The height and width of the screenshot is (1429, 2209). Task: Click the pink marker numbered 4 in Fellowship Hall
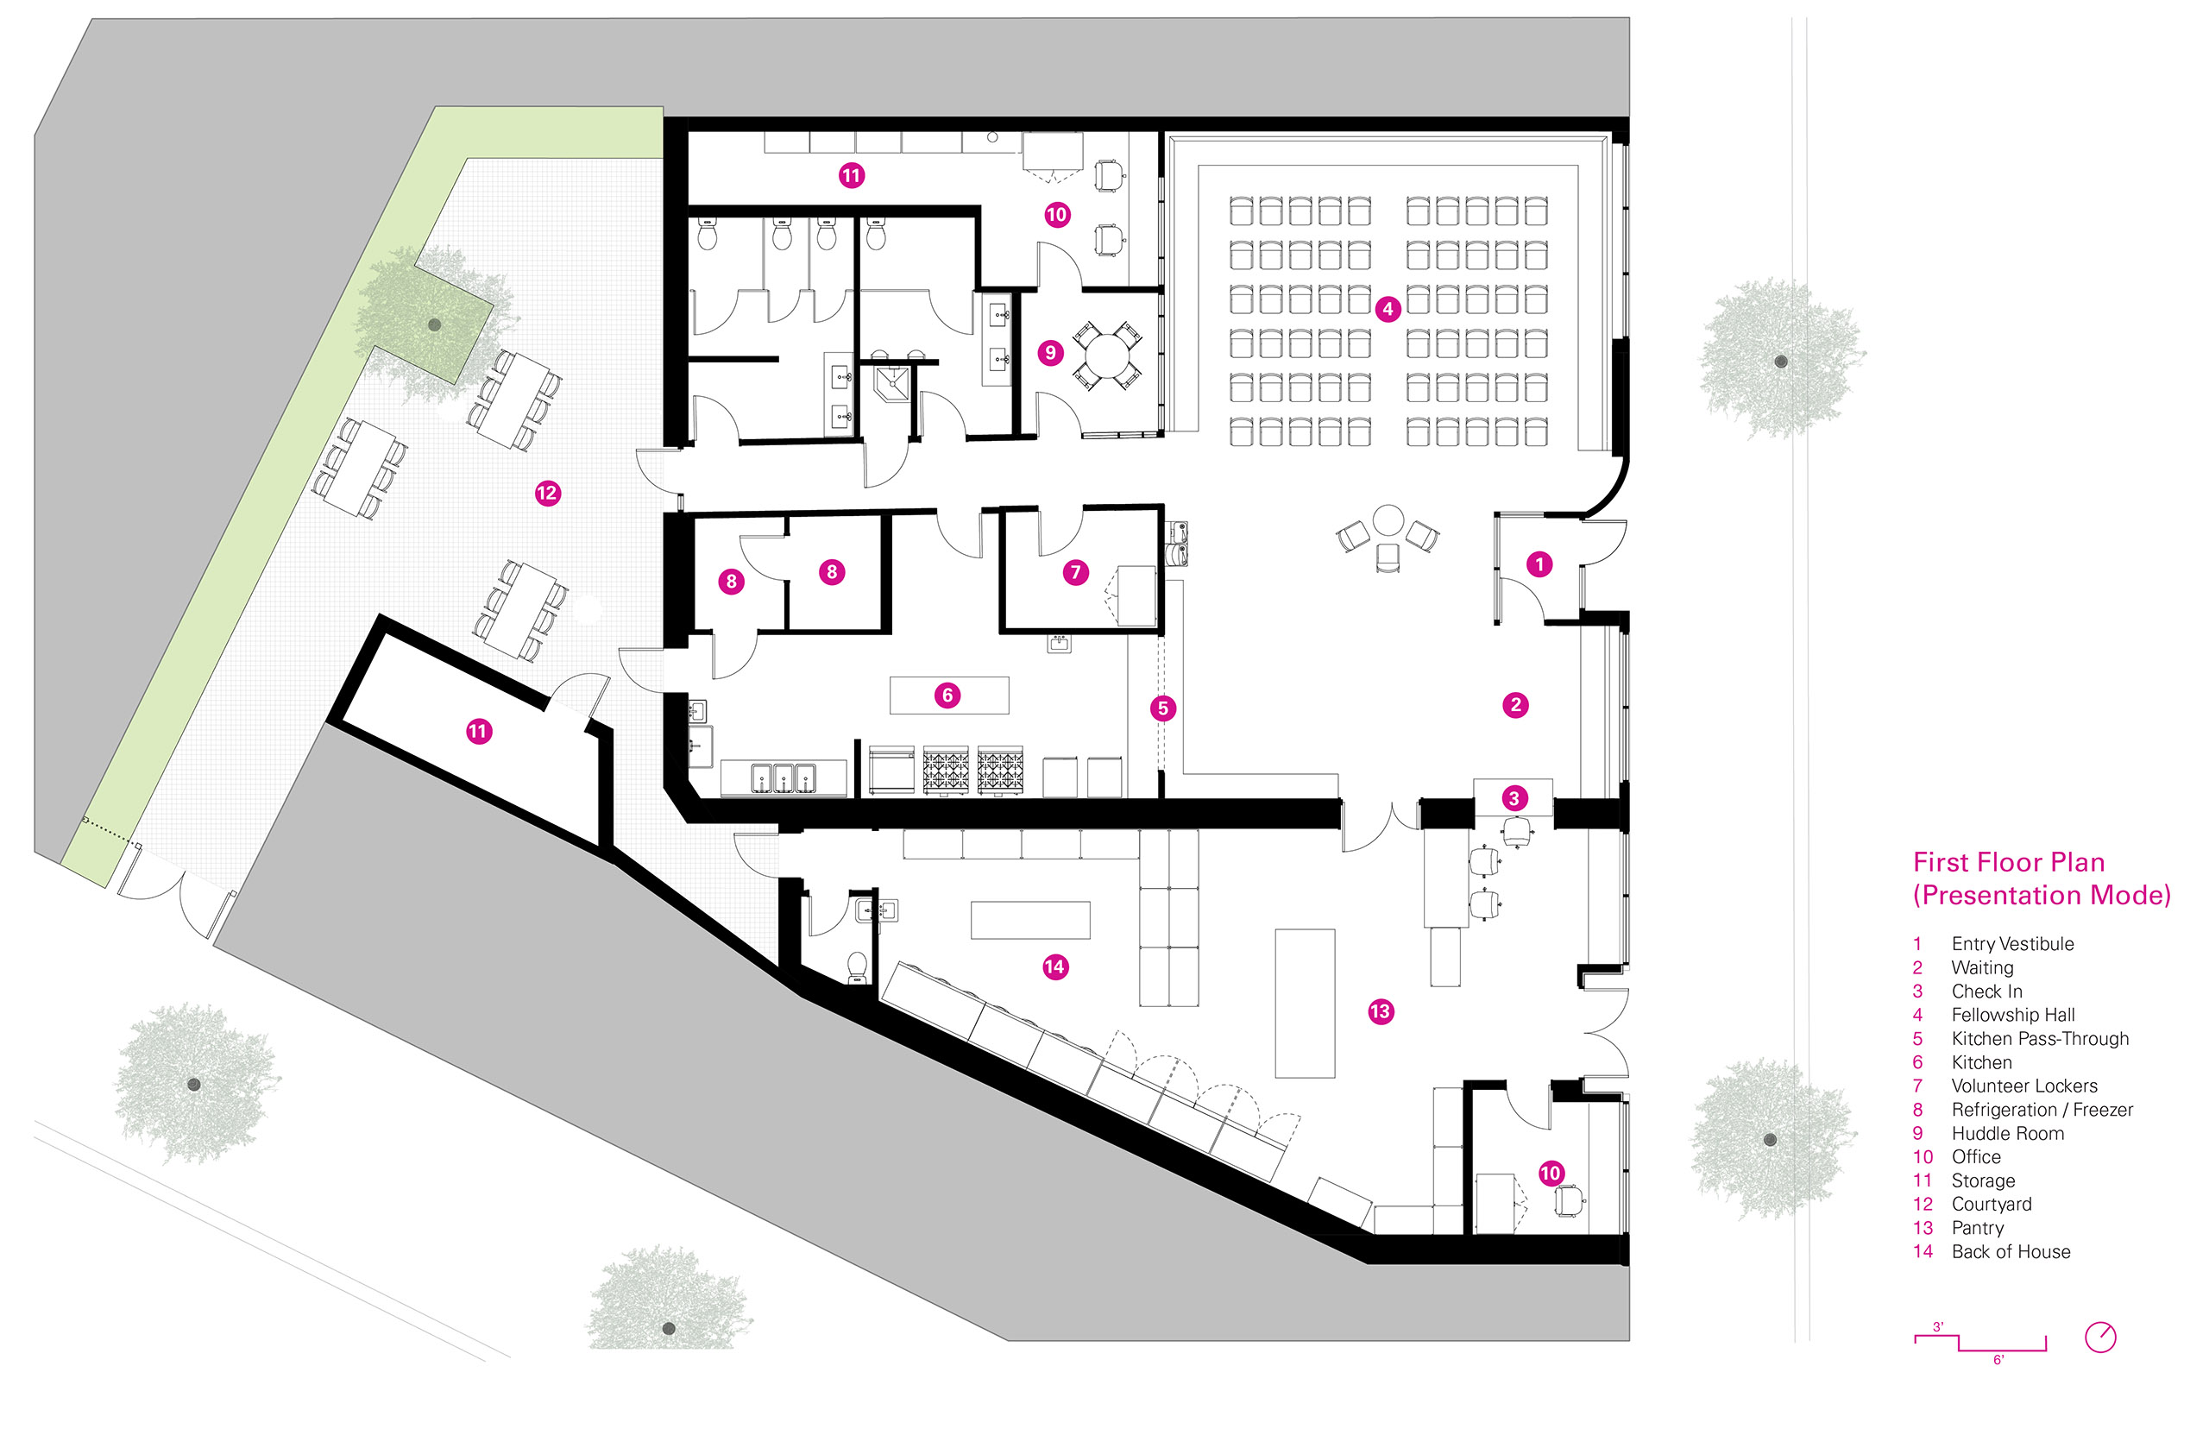(x=1387, y=309)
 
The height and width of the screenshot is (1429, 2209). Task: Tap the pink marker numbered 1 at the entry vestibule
(x=1539, y=563)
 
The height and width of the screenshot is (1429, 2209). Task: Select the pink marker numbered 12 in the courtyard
(x=547, y=493)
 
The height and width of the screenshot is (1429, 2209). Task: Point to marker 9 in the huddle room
(x=1050, y=353)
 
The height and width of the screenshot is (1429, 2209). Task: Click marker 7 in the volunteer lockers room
(x=1075, y=571)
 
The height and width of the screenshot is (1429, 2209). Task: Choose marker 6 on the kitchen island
(x=947, y=695)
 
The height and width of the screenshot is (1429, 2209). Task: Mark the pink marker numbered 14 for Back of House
(x=1054, y=966)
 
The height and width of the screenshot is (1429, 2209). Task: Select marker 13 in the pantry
(x=1381, y=1011)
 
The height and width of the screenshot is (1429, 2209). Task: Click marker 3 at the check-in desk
(x=1514, y=798)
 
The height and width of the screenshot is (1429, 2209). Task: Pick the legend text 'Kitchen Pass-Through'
(x=2039, y=1038)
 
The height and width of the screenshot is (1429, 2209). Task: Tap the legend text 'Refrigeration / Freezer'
(x=2041, y=1110)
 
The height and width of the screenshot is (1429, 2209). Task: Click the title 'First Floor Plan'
(x=2009, y=862)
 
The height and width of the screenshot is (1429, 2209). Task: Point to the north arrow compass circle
(x=2100, y=1338)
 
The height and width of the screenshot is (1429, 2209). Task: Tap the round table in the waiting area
(x=1388, y=520)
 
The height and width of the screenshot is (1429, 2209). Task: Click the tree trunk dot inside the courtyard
(x=434, y=324)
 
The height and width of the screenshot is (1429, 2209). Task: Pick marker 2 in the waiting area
(x=1515, y=704)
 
